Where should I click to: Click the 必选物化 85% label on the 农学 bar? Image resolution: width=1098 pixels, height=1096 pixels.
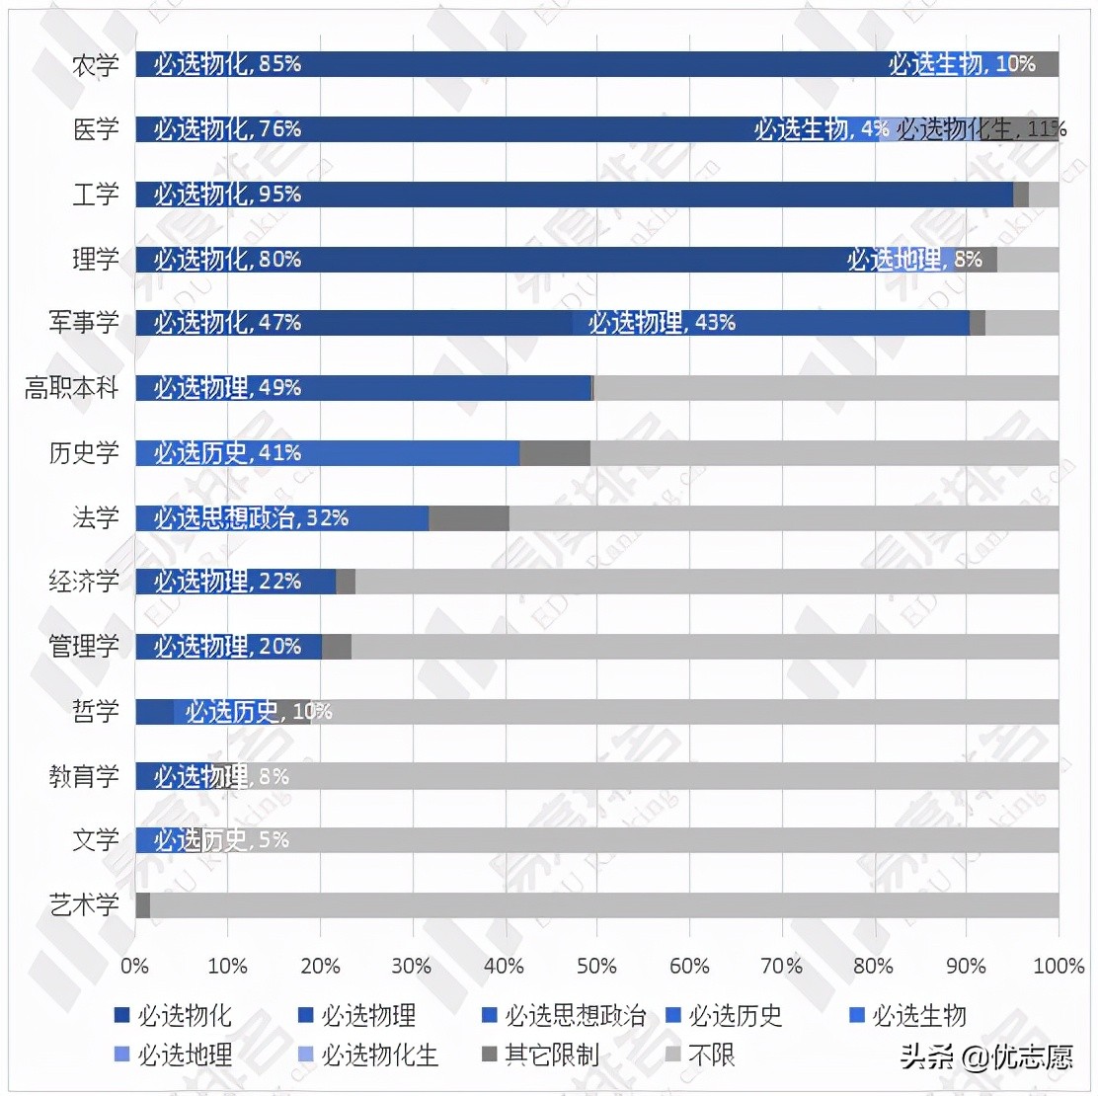(x=227, y=64)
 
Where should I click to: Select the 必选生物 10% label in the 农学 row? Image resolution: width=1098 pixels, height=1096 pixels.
(x=961, y=64)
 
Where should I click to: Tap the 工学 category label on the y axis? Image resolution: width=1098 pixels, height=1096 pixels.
(x=95, y=195)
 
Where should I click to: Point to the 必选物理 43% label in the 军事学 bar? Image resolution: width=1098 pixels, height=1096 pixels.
(x=662, y=323)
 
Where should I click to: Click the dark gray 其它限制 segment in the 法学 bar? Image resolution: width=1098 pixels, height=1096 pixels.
(x=468, y=518)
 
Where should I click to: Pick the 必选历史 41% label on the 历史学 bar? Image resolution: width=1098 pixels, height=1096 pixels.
(x=227, y=453)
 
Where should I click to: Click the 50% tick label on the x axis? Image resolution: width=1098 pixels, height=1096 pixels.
(x=596, y=966)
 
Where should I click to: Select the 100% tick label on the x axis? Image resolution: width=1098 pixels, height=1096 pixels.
(x=1058, y=966)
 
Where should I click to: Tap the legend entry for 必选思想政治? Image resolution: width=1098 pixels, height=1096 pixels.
(x=564, y=1016)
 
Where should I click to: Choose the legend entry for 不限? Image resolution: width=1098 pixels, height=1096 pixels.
(x=700, y=1056)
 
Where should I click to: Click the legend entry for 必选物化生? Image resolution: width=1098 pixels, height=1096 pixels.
(x=367, y=1056)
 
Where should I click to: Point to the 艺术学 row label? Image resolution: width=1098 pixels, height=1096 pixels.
(x=84, y=904)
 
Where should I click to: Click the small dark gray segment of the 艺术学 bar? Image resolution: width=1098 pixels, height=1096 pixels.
(x=142, y=905)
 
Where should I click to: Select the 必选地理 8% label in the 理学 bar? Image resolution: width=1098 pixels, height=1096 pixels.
(x=913, y=260)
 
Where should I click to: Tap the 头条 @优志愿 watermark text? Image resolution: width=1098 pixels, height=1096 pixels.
(x=985, y=1057)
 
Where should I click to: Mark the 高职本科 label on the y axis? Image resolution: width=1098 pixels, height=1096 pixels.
(x=71, y=388)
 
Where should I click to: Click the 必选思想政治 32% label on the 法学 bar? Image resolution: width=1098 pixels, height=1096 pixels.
(x=251, y=518)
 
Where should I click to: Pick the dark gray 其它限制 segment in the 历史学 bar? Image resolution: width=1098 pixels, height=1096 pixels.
(x=554, y=453)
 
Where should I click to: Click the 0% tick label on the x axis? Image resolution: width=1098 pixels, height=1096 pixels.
(x=134, y=966)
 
